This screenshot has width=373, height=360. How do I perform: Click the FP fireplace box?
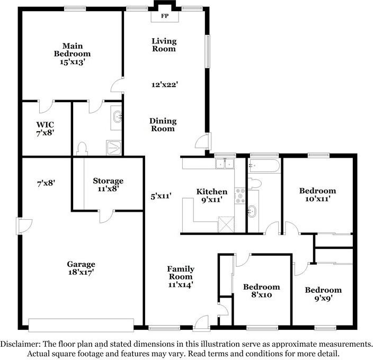point(164,16)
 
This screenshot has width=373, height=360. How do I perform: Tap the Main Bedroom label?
point(72,53)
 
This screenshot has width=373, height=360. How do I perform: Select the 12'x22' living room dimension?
point(164,84)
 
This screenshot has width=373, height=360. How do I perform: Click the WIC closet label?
point(45,129)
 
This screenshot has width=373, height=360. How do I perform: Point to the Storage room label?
point(108,181)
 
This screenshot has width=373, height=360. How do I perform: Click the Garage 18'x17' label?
point(81,268)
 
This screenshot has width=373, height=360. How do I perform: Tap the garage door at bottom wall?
point(81,325)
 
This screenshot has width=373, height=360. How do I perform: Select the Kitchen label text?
point(212,192)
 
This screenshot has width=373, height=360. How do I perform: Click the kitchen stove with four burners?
point(239,196)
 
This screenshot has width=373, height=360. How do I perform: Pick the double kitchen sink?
point(225,164)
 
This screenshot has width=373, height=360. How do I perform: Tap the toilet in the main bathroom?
point(82,147)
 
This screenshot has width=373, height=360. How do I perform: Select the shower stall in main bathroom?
point(114,147)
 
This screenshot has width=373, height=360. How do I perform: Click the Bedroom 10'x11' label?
point(317,195)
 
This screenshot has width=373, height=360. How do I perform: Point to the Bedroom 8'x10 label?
point(262,291)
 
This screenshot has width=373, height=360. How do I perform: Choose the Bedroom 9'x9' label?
point(323,294)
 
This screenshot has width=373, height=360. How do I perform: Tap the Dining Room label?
point(164,124)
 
